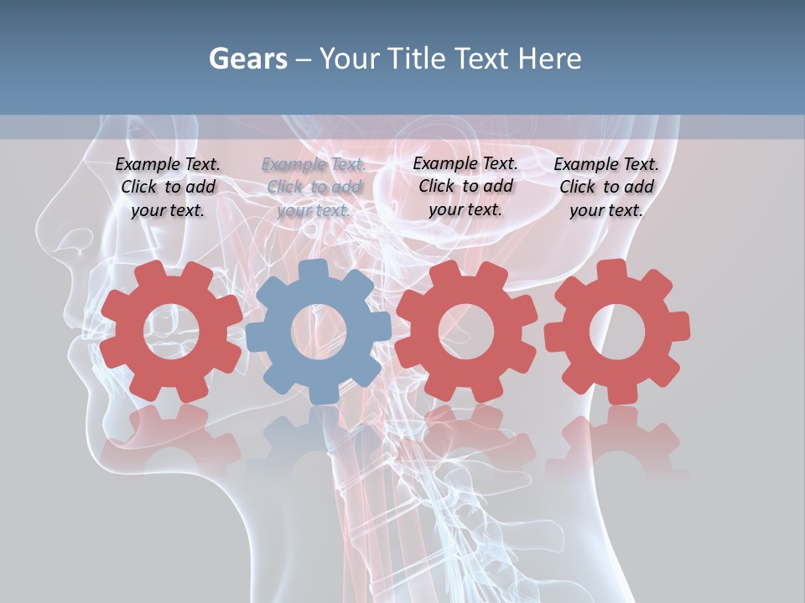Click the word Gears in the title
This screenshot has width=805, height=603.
tap(248, 59)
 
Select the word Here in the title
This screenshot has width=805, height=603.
tap(549, 59)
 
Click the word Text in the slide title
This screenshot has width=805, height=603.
tap(483, 59)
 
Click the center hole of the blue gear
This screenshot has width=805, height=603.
tap(319, 332)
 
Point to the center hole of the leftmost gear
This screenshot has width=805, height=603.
tap(171, 331)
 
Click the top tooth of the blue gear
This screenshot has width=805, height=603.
tap(313, 271)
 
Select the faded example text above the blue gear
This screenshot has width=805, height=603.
tap(314, 188)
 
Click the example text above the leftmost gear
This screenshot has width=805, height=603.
tap(168, 188)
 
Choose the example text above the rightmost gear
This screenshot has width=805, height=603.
tap(606, 188)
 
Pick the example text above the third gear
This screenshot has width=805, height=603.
tap(465, 186)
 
